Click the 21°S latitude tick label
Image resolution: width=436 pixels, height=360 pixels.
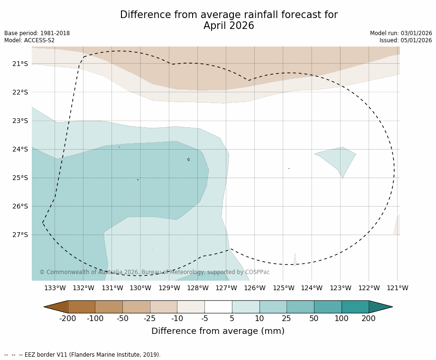pyautogui.click(x=20, y=64)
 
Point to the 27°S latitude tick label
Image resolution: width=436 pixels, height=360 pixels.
pyautogui.click(x=20, y=235)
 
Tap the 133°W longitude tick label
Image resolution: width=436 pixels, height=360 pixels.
pyautogui.click(x=55, y=288)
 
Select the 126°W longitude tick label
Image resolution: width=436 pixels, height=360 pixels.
pyautogui.click(x=255, y=288)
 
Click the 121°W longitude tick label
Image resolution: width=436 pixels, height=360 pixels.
pyautogui.click(x=398, y=288)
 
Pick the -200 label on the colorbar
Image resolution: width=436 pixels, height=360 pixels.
pyautogui.click(x=68, y=318)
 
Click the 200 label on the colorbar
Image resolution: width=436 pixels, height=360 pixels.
pyautogui.click(x=369, y=318)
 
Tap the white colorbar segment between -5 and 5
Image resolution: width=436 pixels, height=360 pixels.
pyautogui.click(x=218, y=307)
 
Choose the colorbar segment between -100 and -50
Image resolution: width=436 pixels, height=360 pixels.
pyautogui.click(x=109, y=307)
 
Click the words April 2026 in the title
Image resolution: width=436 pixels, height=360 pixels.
pyautogui.click(x=229, y=26)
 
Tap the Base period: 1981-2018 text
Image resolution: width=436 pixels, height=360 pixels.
pyautogui.click(x=37, y=33)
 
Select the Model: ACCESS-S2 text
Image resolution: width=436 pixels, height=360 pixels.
pyautogui.click(x=29, y=40)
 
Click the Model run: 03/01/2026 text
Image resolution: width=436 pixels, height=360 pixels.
pyautogui.click(x=401, y=33)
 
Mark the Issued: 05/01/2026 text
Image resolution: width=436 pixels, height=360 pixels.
pyautogui.click(x=406, y=40)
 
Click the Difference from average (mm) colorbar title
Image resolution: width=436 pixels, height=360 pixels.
pyautogui.click(x=218, y=331)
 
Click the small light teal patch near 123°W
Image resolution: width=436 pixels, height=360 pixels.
pyautogui.click(x=339, y=158)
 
